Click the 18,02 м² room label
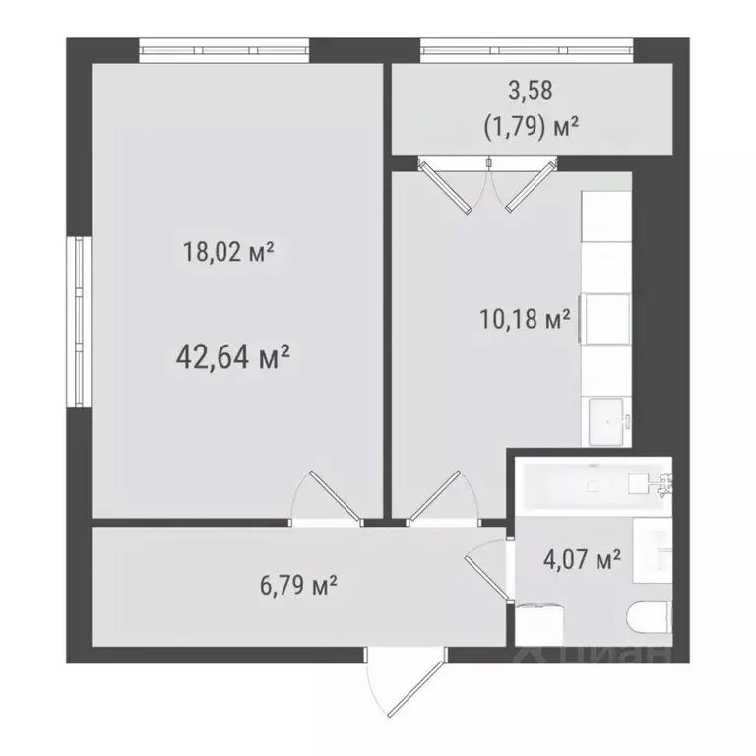(227, 253)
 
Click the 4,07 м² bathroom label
(582, 561)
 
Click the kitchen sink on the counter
(605, 421)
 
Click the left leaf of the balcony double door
(449, 185)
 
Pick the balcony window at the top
(526, 49)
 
